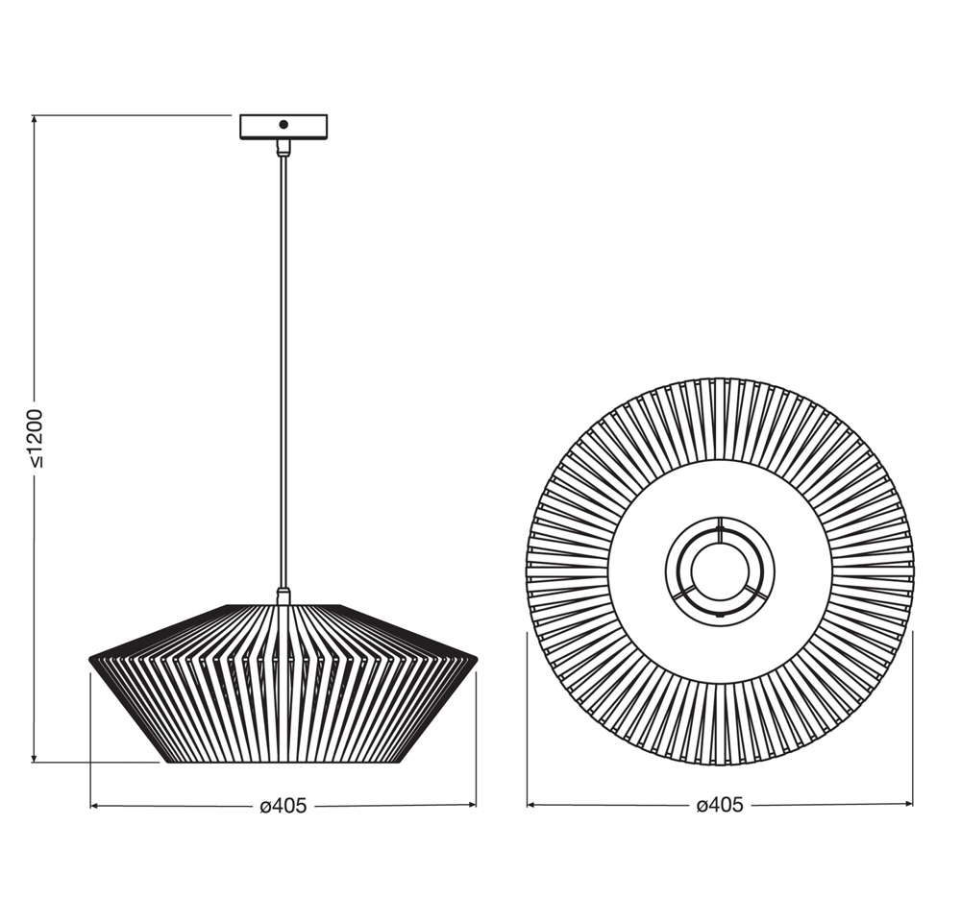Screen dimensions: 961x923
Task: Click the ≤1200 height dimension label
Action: pyautogui.click(x=37, y=439)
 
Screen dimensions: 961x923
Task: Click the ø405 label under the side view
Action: pyautogui.click(x=283, y=806)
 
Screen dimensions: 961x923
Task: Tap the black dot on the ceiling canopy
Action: pyautogui.click(x=283, y=124)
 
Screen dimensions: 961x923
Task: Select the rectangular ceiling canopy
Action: pyautogui.click(x=283, y=127)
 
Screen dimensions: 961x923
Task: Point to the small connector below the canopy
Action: pyautogui.click(x=283, y=148)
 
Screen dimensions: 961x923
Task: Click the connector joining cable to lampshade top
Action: pyautogui.click(x=283, y=596)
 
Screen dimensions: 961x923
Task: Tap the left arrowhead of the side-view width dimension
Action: pyautogui.click(x=95, y=806)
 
